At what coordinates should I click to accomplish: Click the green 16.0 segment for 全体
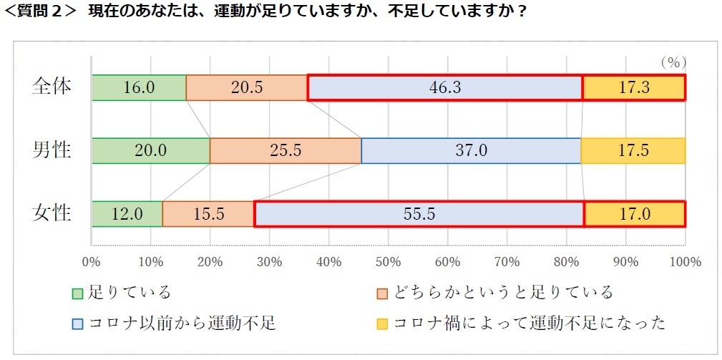pos(139,87)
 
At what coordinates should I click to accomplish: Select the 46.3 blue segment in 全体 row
pos(445,87)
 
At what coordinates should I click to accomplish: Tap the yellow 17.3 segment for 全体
pos(633,87)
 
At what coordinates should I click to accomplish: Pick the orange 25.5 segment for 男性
pos(286,151)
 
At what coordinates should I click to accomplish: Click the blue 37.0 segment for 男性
pos(471,151)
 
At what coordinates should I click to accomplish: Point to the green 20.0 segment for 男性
pos(151,151)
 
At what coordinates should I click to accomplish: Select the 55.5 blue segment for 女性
pos(419,214)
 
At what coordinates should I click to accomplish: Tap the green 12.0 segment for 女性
pos(127,214)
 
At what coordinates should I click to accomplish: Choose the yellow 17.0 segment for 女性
pos(635,214)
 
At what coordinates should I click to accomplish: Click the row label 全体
pos(52,87)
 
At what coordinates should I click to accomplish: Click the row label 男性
pos(52,150)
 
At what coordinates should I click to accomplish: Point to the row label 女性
pos(52,213)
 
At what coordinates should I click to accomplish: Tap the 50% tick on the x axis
pos(388,261)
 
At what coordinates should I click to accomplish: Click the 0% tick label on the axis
pos(92,261)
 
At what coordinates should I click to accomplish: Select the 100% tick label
pos(685,261)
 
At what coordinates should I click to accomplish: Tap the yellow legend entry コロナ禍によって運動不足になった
pos(522,323)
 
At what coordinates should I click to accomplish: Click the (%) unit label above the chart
pos(673,62)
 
